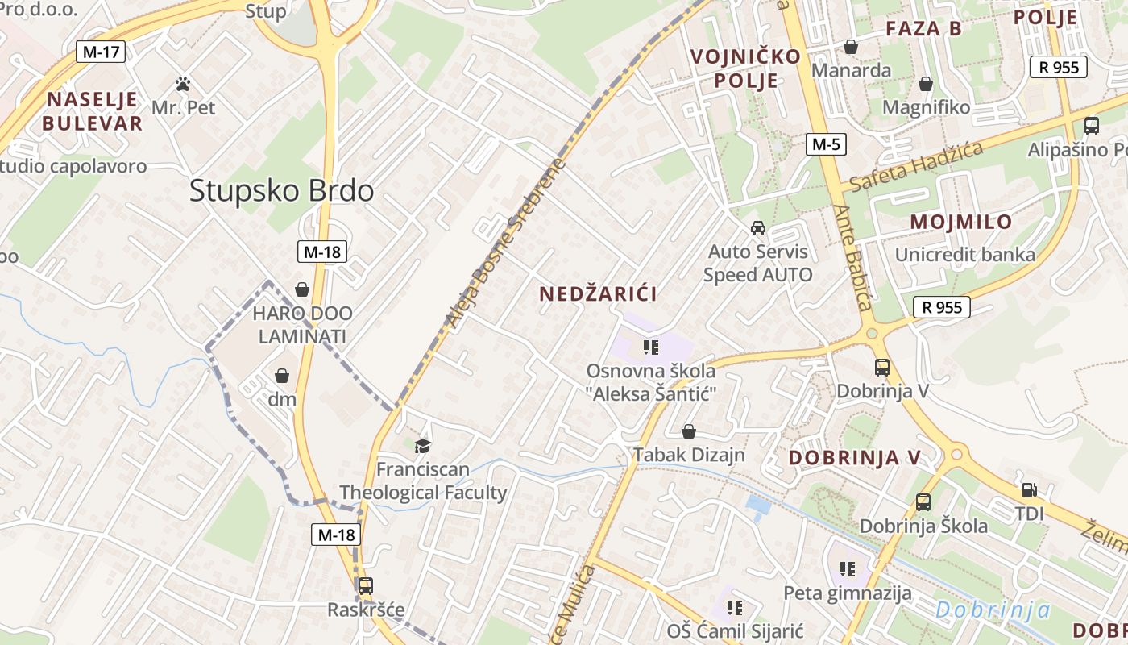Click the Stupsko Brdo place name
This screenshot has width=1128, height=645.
[281, 191]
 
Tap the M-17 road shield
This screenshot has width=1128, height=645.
[101, 52]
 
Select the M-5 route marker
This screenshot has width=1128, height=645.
[826, 145]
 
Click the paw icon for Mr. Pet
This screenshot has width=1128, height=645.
[183, 84]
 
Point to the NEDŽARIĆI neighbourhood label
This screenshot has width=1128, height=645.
[598, 294]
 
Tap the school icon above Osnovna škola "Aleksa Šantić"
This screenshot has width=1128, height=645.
[651, 347]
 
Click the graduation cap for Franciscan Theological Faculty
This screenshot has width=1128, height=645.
[422, 446]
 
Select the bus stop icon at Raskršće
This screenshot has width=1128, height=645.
[365, 586]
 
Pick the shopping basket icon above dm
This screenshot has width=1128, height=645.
[282, 376]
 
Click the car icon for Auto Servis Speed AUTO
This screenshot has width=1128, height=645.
[757, 228]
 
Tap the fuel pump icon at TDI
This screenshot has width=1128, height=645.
[1029, 490]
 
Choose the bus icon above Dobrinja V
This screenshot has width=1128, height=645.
[882, 368]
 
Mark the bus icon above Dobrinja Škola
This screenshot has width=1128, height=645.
[923, 502]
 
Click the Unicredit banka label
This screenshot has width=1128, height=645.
[965, 255]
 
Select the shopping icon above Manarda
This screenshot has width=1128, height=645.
[851, 48]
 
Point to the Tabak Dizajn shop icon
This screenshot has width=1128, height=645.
[689, 432]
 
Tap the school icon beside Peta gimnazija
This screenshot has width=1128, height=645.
[847, 569]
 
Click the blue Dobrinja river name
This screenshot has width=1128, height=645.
[993, 610]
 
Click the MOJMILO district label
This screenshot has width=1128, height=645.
[960, 222]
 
